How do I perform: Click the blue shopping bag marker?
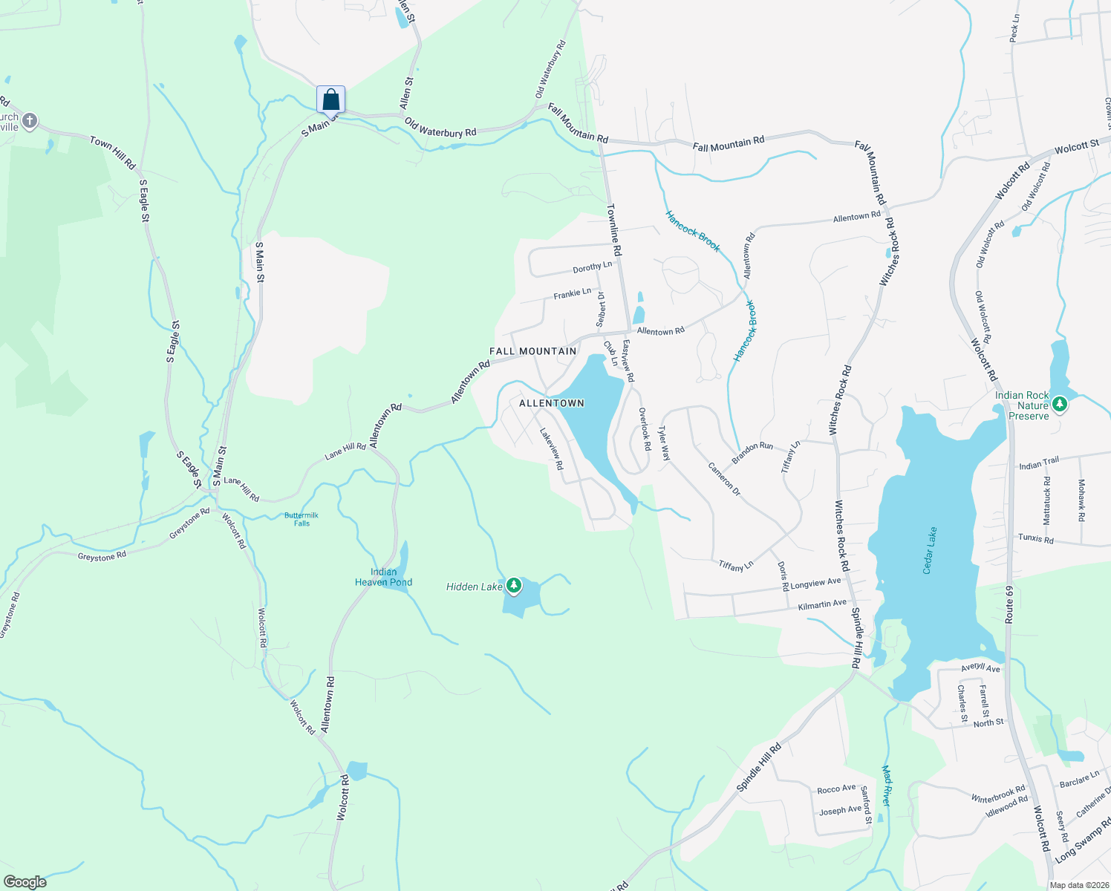330,99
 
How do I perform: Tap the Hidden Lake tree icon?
513,587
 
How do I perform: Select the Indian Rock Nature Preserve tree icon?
1060,405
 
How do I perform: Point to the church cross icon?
30,121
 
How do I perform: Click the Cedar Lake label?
930,550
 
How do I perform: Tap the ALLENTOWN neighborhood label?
551,403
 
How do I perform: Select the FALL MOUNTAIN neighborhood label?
532,351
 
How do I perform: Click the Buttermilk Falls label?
302,519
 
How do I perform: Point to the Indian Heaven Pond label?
383,577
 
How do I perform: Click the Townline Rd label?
614,230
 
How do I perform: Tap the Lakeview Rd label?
552,448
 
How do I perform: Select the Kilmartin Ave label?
822,605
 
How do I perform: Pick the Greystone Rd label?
102,555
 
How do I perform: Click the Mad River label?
886,786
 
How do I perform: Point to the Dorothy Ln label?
592,267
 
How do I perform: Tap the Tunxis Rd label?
1035,538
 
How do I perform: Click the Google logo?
25,881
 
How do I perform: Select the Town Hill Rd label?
113,151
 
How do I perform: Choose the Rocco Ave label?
836,789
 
